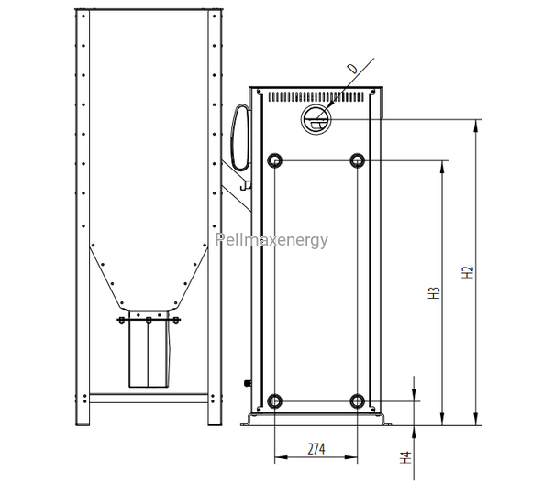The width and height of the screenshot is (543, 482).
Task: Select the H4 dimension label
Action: point(405,457)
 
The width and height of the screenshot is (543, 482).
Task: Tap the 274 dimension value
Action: point(316,449)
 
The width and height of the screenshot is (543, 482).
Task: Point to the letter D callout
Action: point(353,69)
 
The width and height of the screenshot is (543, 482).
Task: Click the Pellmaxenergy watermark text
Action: point(271,239)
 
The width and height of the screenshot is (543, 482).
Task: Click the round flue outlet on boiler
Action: point(316,120)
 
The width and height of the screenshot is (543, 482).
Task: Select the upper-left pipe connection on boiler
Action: point(275,160)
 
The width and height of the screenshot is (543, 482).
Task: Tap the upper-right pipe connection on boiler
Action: point(358,160)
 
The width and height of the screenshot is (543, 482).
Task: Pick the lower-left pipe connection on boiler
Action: point(274,401)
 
